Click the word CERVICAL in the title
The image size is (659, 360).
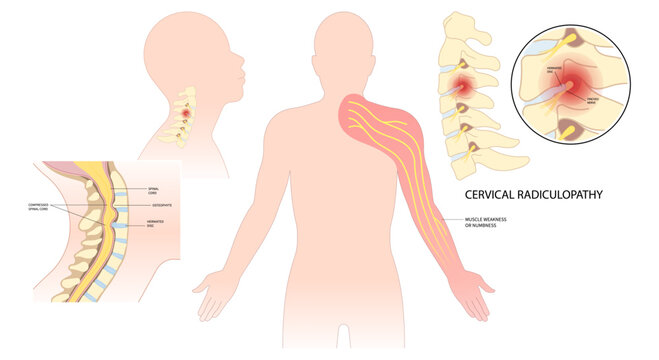pos(497,194)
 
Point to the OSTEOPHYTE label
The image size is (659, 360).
pos(161,204)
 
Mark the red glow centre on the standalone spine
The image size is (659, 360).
pos(465,87)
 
